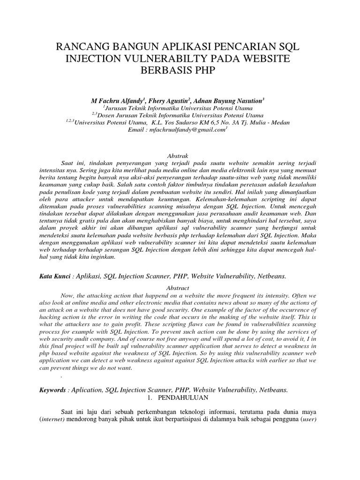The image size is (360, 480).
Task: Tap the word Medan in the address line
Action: tap(280, 122)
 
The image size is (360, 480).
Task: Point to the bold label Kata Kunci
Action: tap(56, 277)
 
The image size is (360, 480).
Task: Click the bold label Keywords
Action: tap(56, 390)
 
